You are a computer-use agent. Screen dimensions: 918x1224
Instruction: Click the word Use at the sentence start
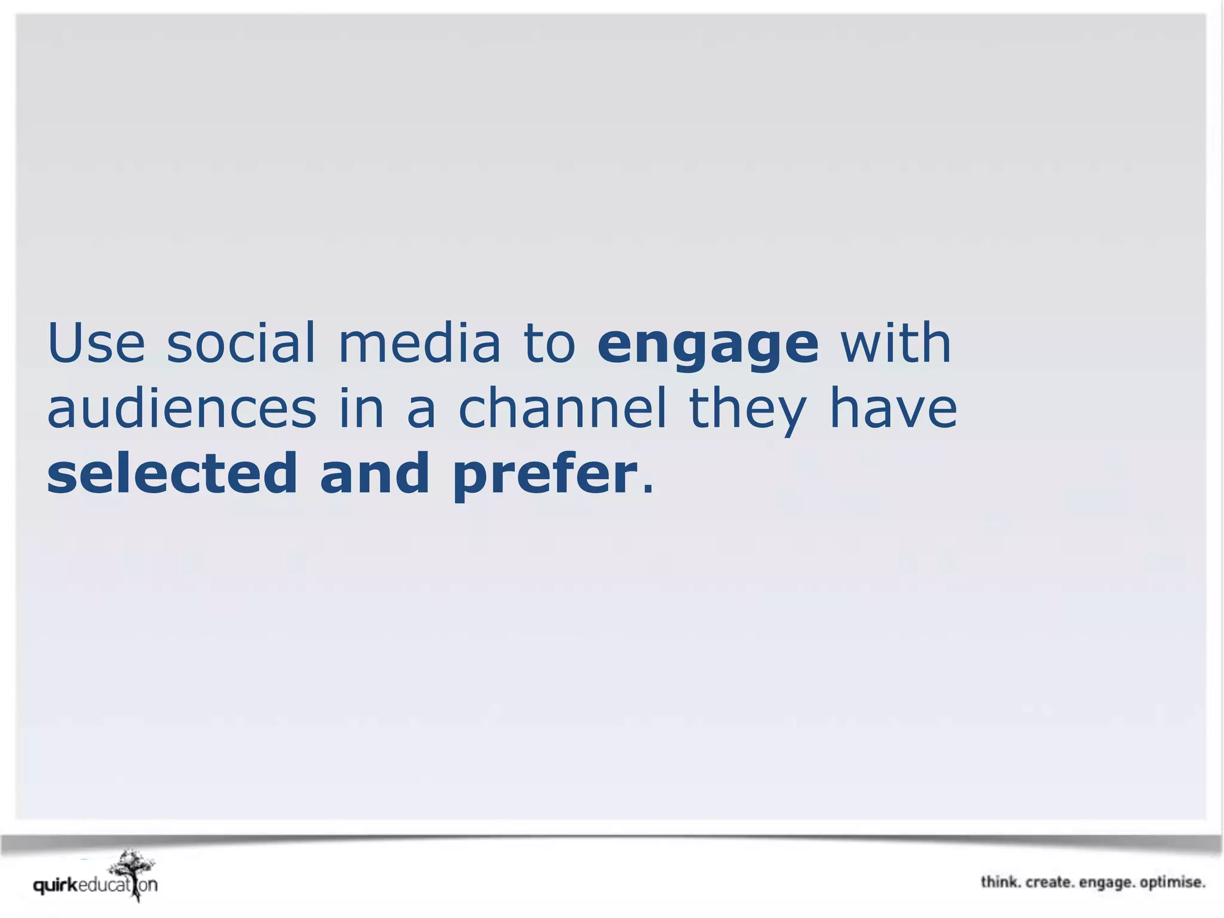(x=96, y=343)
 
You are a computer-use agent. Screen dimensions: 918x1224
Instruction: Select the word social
(x=240, y=343)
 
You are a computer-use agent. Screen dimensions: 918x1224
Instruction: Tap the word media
(x=419, y=343)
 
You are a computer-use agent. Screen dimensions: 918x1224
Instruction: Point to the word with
(x=895, y=343)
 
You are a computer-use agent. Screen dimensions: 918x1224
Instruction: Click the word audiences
(x=182, y=409)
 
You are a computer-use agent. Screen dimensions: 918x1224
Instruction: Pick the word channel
(x=562, y=409)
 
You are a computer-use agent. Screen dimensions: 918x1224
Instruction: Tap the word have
(x=893, y=409)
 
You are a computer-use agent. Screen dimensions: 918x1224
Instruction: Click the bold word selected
(x=172, y=473)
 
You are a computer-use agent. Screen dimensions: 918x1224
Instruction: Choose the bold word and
(x=375, y=473)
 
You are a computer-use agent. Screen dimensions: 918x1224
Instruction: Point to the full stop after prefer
(x=647, y=490)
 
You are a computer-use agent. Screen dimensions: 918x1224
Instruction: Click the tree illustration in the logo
(x=134, y=871)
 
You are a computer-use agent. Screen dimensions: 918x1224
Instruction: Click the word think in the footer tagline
(x=999, y=882)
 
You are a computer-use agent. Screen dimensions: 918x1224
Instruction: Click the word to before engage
(x=549, y=343)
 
